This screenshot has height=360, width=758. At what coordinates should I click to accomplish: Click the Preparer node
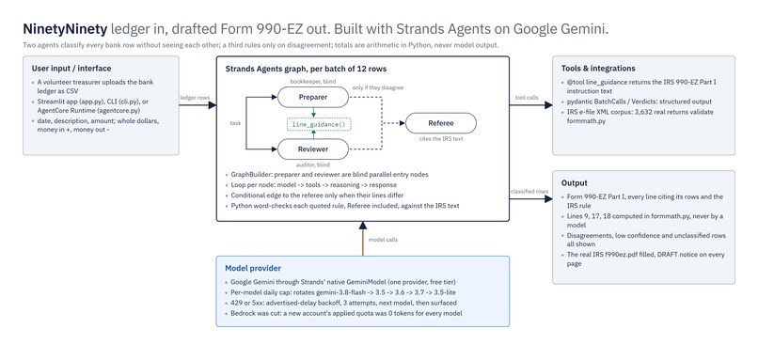[313, 97]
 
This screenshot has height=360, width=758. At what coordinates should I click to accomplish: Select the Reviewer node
[313, 149]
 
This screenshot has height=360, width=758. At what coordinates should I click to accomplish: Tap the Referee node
[440, 123]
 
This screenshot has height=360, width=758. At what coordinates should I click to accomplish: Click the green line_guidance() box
[319, 124]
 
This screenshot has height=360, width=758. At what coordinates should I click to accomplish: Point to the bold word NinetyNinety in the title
[65, 29]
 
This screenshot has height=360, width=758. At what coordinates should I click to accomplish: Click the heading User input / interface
[71, 68]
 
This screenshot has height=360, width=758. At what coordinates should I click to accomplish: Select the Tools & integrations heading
[598, 68]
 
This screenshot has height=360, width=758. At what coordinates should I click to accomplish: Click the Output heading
[575, 183]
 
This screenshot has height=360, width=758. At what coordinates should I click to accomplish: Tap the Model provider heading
[253, 268]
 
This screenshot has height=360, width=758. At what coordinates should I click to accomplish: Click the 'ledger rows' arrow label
[195, 98]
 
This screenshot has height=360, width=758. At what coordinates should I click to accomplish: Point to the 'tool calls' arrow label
[527, 98]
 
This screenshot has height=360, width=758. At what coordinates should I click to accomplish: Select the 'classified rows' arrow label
[529, 192]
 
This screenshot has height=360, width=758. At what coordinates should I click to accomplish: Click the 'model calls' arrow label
[383, 239]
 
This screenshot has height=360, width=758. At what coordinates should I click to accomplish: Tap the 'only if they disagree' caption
[378, 87]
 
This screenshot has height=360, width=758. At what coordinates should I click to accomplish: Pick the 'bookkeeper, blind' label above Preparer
[313, 81]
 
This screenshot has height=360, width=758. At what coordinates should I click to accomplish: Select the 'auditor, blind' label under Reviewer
[313, 165]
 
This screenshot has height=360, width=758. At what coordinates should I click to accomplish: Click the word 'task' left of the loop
[235, 123]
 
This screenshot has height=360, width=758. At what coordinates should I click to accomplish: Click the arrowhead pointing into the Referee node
[402, 123]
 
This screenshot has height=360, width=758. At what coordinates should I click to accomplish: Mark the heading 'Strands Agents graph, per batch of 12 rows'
[306, 69]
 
